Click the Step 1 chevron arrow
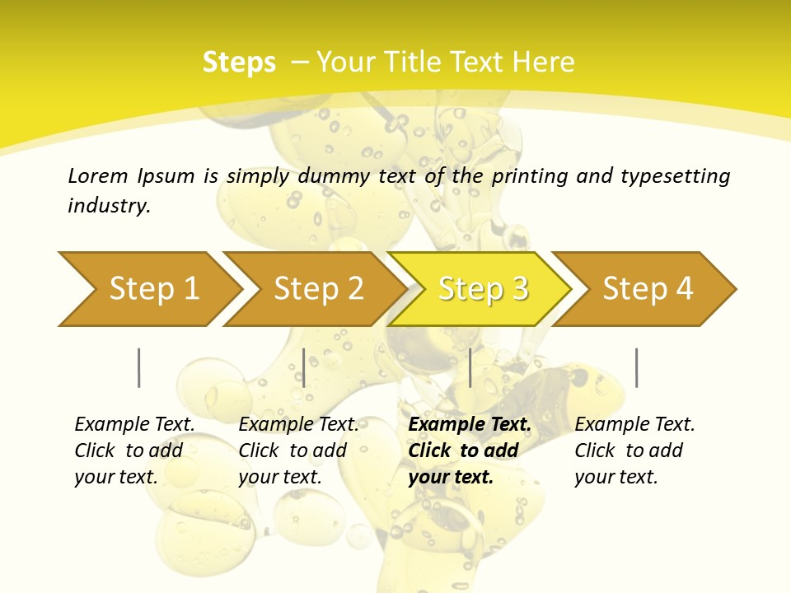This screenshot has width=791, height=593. pyautogui.click(x=152, y=289)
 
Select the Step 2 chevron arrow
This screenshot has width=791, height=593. pyautogui.click(x=317, y=289)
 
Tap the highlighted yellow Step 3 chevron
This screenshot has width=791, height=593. pyautogui.click(x=482, y=289)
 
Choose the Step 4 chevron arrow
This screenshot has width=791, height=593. pyautogui.click(x=647, y=289)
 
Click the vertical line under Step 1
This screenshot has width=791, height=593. pyautogui.click(x=139, y=367)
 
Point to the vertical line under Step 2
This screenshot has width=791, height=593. pyautogui.click(x=304, y=367)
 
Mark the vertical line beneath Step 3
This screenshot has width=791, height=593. pyautogui.click(x=470, y=367)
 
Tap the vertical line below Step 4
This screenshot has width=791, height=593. pyautogui.click(x=636, y=367)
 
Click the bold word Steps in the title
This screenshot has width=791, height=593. pyautogui.click(x=239, y=63)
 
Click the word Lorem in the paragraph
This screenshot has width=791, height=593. pyautogui.click(x=97, y=175)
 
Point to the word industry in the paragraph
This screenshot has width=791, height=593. pyautogui.click(x=109, y=205)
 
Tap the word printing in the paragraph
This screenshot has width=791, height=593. pyautogui.click(x=531, y=175)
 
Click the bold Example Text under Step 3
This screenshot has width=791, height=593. pyautogui.click(x=470, y=425)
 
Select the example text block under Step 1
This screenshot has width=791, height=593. pyautogui.click(x=134, y=451)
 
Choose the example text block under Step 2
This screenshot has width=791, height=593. pyautogui.click(x=298, y=451)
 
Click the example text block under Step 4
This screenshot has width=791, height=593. pyautogui.click(x=634, y=451)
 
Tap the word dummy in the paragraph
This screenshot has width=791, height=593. pyautogui.click(x=337, y=175)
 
